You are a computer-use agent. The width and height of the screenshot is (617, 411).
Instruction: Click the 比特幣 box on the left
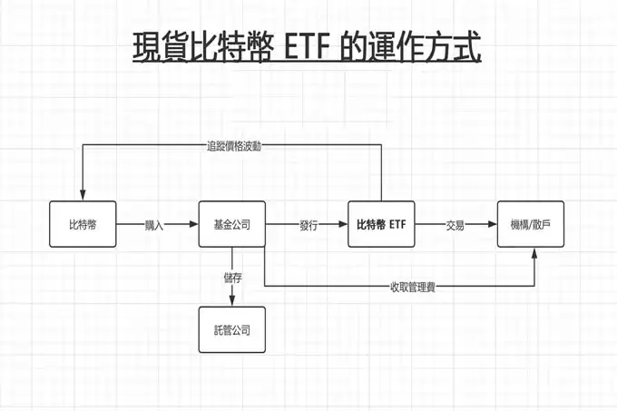pyautogui.click(x=83, y=224)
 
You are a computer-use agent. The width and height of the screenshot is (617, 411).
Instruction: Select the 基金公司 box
pyautogui.click(x=232, y=224)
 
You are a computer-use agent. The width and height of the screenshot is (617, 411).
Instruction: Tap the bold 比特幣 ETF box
pyautogui.click(x=381, y=224)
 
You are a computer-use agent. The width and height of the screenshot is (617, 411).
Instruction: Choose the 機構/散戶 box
pyautogui.click(x=531, y=224)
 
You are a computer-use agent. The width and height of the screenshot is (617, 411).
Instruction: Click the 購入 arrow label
pyautogui.click(x=154, y=225)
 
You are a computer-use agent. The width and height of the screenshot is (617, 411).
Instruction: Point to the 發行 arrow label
pyautogui.click(x=308, y=225)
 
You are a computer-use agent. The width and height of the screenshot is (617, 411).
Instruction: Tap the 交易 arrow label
pyautogui.click(x=455, y=225)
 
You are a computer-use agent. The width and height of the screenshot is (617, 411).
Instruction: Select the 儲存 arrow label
pyautogui.click(x=232, y=278)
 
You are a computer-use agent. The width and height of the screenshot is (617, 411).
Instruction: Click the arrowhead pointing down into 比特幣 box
pyautogui.click(x=83, y=196)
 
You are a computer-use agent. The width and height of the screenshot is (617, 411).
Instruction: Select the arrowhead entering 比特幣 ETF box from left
pyautogui.click(x=343, y=224)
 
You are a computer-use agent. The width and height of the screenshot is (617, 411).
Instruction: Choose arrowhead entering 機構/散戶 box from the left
pyautogui.click(x=493, y=224)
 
